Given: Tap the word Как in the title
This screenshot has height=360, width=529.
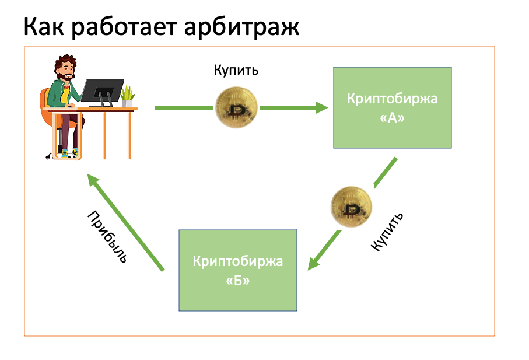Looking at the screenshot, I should (45, 27).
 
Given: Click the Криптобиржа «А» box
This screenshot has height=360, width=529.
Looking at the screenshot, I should (392, 107).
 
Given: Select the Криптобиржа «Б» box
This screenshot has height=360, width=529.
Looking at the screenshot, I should (237, 270).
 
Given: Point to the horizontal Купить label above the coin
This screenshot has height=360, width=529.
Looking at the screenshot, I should (236, 71).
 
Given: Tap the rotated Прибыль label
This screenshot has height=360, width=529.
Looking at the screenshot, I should (107, 236).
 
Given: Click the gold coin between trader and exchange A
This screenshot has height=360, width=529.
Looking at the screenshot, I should (236, 107).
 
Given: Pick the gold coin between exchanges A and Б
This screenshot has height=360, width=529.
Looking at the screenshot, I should (351, 207).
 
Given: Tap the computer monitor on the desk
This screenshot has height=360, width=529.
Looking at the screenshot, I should (101, 91).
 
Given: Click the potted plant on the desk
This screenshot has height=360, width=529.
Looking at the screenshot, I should (128, 95).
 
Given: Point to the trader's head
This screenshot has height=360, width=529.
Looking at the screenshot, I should (65, 70).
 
